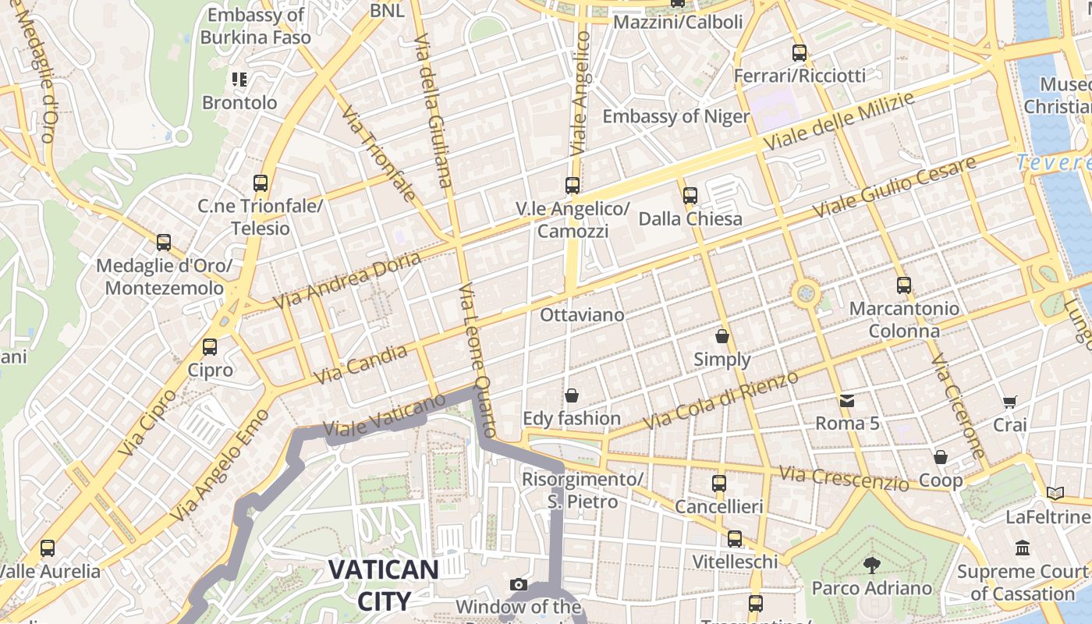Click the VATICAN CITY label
point(383,584)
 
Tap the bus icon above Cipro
point(209,347)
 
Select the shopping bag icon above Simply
point(722,337)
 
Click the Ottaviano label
point(582,315)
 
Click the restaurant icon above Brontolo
point(239,80)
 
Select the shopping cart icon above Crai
point(1009,402)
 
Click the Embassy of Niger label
point(675,117)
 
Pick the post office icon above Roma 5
point(847,401)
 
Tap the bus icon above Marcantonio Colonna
point(903,285)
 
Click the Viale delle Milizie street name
point(838,122)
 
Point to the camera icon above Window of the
point(518,584)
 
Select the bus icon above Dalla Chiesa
point(690,196)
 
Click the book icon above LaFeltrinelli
point(1055,493)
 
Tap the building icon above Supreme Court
point(1022,548)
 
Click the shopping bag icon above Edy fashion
point(572,395)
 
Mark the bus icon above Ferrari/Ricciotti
point(799,53)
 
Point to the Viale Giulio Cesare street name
point(894,187)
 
